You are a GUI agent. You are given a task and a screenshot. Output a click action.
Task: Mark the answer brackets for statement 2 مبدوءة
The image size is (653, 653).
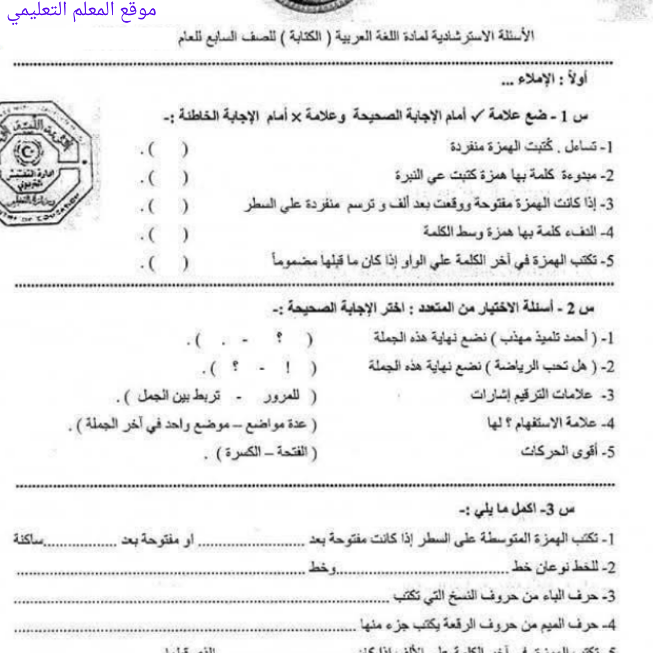tap(163, 178)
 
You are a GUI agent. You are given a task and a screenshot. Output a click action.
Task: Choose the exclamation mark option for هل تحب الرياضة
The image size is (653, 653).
tap(279, 366)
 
